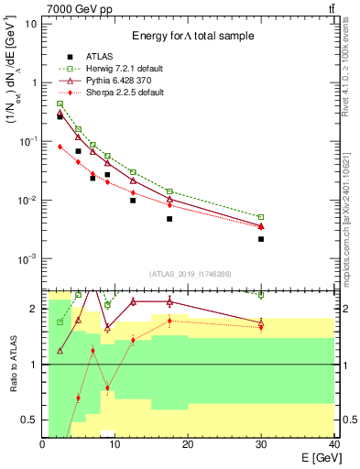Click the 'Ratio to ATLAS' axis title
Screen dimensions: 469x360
click(12, 365)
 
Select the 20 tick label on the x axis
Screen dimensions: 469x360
click(188, 444)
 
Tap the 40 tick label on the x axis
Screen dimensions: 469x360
click(333, 444)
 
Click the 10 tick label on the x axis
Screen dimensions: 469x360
click(115, 444)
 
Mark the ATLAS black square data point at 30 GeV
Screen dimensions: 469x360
click(261, 239)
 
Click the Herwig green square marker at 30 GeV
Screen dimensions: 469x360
click(261, 217)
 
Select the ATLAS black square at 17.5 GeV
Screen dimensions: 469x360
click(169, 219)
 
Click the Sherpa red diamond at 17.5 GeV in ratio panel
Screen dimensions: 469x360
click(169, 321)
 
